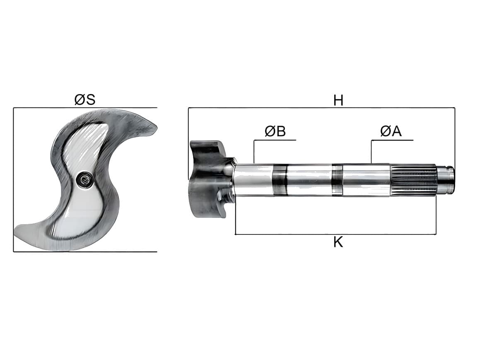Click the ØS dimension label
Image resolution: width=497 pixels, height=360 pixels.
tap(85, 100)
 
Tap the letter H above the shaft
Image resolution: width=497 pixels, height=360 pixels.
tap(338, 100)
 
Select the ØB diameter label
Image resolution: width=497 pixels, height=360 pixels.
tap(275, 131)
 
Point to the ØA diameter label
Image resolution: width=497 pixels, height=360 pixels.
tap(391, 131)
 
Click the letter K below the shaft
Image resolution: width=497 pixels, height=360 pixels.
tap(338, 242)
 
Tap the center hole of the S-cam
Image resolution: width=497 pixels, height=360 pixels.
tap(85, 179)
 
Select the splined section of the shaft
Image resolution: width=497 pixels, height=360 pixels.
tap(413, 180)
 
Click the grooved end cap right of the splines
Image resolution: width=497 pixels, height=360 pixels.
tap(446, 180)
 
